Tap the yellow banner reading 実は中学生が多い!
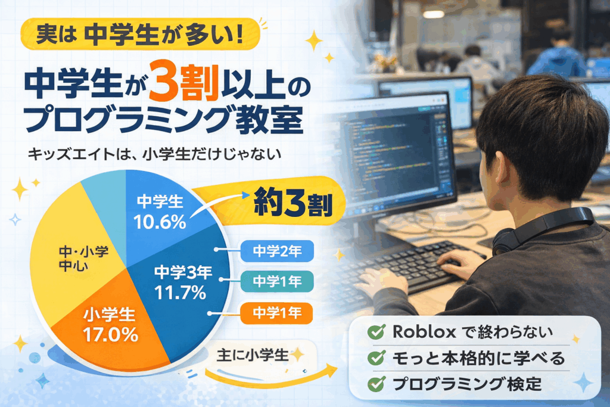(140, 34)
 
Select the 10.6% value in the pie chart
(160, 222)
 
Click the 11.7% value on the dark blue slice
(180, 293)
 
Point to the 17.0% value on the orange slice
(110, 335)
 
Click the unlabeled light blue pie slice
(107, 206)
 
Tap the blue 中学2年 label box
(277, 251)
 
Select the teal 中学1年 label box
(277, 281)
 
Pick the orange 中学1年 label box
(276, 313)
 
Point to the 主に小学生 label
(253, 355)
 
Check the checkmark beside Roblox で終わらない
(376, 331)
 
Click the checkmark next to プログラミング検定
(376, 384)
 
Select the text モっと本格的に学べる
(478, 358)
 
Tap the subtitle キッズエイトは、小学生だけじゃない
(154, 154)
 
